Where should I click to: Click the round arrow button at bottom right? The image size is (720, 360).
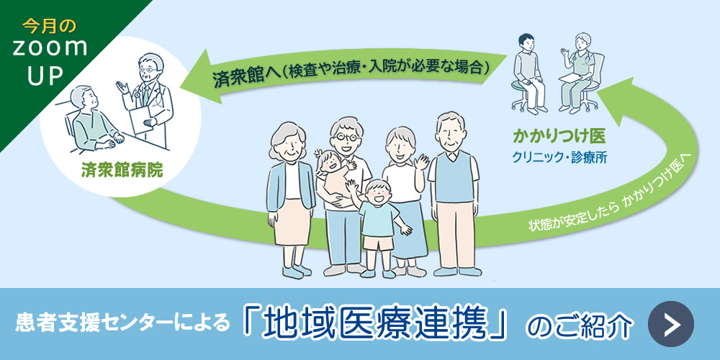(x=670, y=324)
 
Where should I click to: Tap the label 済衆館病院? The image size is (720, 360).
(x=122, y=171)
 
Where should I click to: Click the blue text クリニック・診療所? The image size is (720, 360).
(x=559, y=156)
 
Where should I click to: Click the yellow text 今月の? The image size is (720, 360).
(x=49, y=27)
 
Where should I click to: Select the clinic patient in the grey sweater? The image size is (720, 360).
(x=527, y=68)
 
